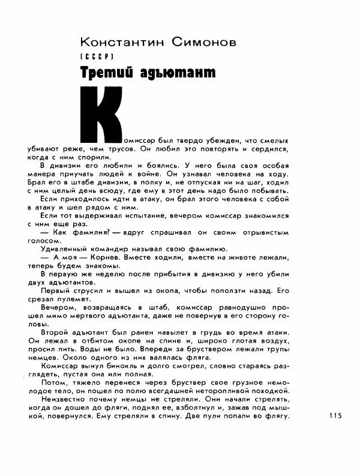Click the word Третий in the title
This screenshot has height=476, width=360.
click(x=103, y=73)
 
